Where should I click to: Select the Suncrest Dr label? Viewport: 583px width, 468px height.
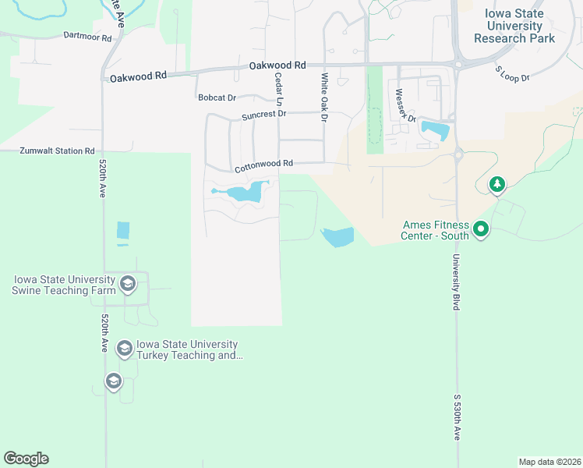click(264, 114)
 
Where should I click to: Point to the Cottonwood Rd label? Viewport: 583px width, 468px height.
click(263, 164)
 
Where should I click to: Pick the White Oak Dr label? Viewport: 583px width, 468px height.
click(324, 97)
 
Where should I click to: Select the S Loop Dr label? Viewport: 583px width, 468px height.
click(512, 74)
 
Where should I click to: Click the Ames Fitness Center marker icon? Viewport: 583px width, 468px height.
click(481, 229)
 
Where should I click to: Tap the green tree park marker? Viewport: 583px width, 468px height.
click(496, 185)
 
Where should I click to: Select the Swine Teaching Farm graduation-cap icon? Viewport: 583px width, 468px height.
click(128, 283)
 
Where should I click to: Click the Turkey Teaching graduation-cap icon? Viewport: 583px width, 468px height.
click(124, 348)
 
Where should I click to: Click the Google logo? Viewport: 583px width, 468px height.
click(26, 459)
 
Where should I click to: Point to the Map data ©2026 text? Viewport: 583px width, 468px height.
click(549, 461)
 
